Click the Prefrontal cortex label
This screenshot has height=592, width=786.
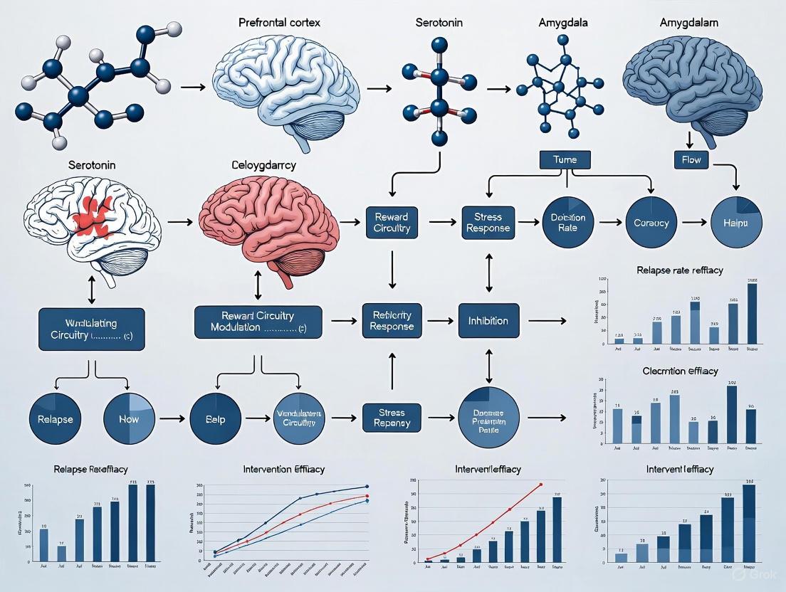(x=279, y=22)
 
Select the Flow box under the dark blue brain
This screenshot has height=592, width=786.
(x=692, y=160)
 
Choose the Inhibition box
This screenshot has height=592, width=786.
(x=488, y=321)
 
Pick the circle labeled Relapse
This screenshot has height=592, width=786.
(x=56, y=418)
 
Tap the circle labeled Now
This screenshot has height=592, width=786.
(x=129, y=418)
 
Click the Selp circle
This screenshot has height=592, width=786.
(x=216, y=418)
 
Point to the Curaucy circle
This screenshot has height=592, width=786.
(x=651, y=222)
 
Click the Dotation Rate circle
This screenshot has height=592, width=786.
(x=567, y=222)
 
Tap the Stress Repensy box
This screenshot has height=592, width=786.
(x=392, y=418)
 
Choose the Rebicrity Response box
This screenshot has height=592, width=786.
(x=392, y=321)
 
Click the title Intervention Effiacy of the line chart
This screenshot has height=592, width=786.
(x=283, y=470)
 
